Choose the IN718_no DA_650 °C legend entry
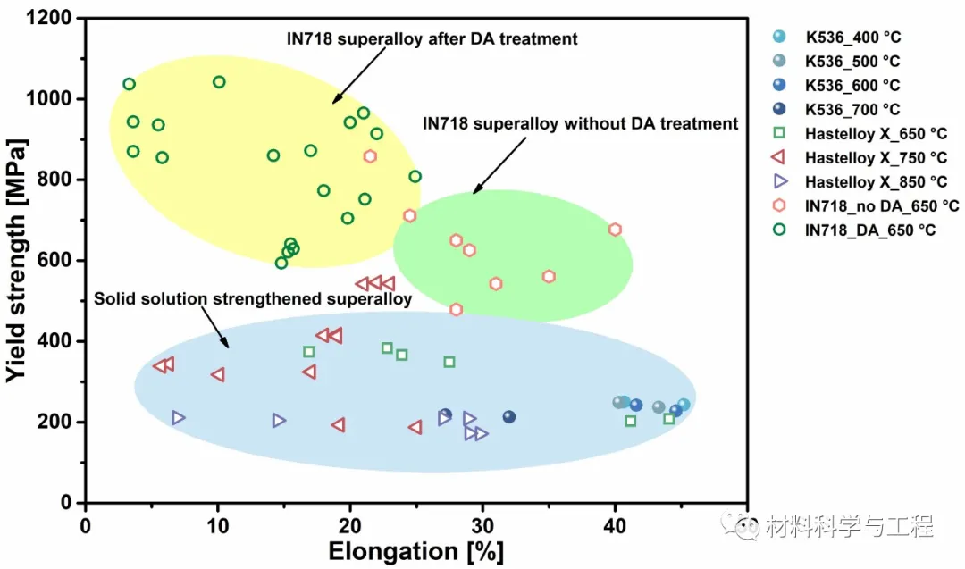tap(881, 206)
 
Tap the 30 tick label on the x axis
tap(482, 525)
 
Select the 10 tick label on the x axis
tap(217, 525)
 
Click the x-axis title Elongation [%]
tap(415, 551)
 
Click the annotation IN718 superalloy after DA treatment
tap(432, 39)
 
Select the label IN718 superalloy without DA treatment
tap(580, 124)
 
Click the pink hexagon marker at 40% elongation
tap(615, 230)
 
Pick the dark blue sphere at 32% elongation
tap(509, 417)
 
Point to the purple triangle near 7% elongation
tap(178, 417)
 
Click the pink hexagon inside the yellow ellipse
tap(370, 156)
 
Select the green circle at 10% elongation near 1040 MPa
tap(219, 82)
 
